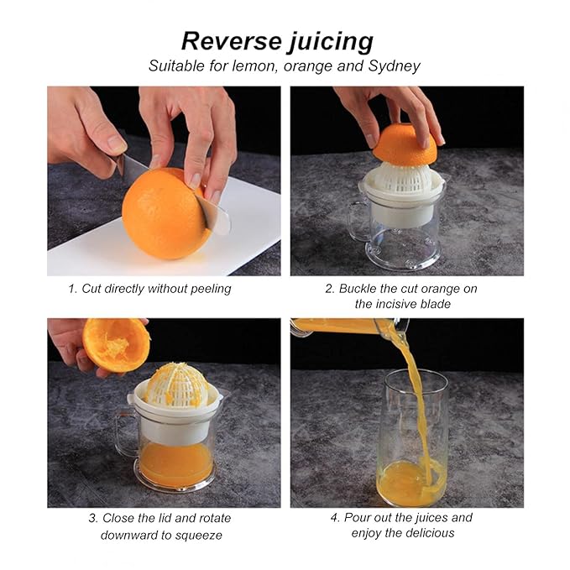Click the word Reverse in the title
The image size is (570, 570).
click(x=231, y=40)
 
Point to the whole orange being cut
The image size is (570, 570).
click(x=165, y=214)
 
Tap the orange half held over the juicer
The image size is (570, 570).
click(x=405, y=144)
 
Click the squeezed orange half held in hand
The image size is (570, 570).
click(x=117, y=345)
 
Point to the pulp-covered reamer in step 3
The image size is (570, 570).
click(x=177, y=386)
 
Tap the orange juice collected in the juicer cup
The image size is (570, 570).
click(x=176, y=464)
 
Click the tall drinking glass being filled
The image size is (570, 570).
click(x=412, y=438)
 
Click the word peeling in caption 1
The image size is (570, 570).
click(x=211, y=290)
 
